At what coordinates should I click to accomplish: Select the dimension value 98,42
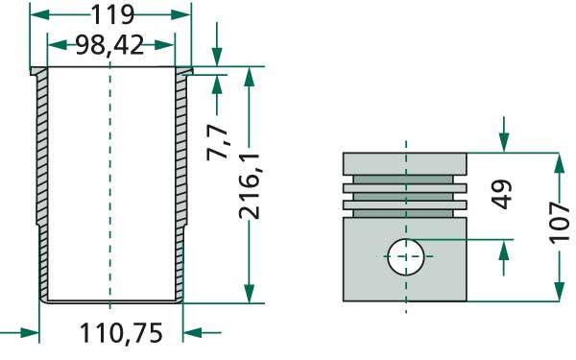110,45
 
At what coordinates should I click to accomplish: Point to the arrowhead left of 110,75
29,333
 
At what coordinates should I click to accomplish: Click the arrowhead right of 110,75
192,333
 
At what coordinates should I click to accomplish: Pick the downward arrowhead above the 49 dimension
503,143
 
